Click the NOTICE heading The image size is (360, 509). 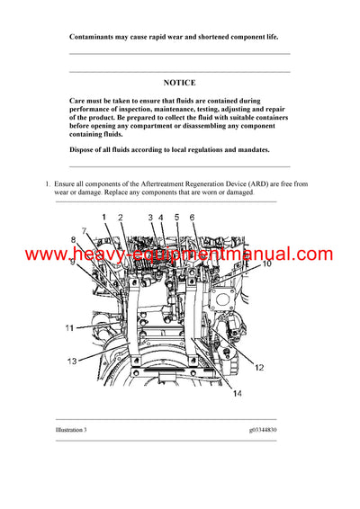(x=179, y=82)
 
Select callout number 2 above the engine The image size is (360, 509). (x=121, y=218)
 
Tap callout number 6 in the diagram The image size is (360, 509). (x=191, y=218)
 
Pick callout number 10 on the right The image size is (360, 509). (x=266, y=265)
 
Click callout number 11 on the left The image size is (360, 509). (x=69, y=328)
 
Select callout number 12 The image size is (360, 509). (x=258, y=367)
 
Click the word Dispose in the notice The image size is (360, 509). (x=82, y=149)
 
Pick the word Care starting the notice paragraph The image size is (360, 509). (x=77, y=102)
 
